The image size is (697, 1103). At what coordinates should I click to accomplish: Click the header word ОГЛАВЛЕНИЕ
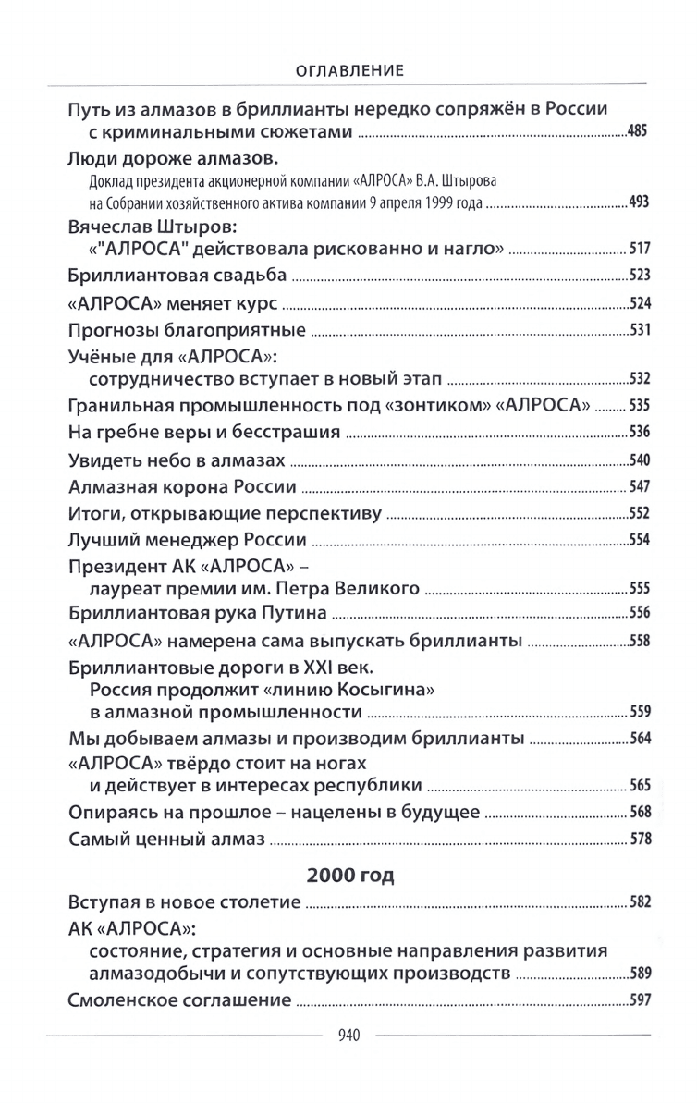(348, 70)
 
